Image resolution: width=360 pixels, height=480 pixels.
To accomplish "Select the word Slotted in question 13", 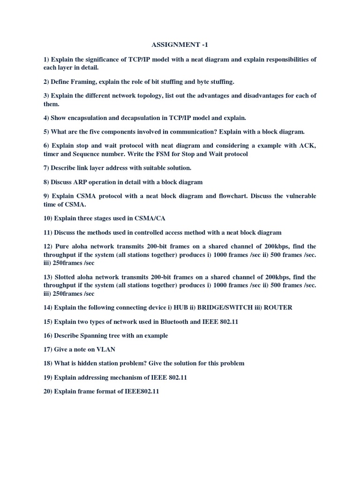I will coord(67,277).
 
